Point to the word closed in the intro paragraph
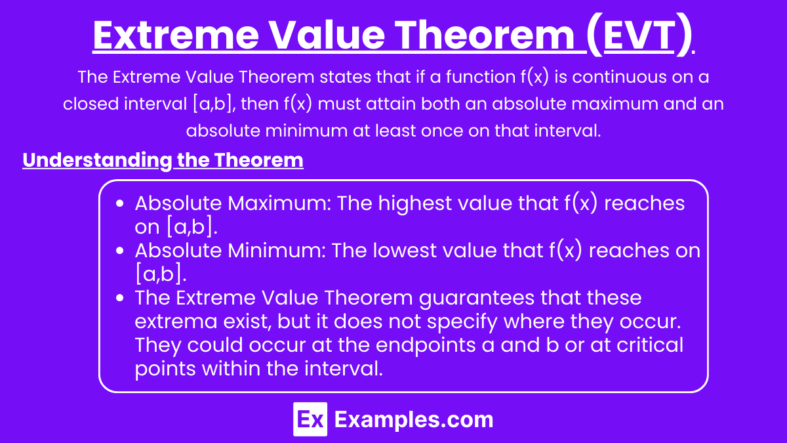click(x=92, y=104)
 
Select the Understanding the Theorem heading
click(x=163, y=161)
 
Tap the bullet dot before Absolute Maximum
click(x=119, y=204)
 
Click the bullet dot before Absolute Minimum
click(x=119, y=251)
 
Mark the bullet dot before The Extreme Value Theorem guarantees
click(x=119, y=299)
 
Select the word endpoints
click(x=392, y=345)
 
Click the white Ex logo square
click(x=310, y=419)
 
